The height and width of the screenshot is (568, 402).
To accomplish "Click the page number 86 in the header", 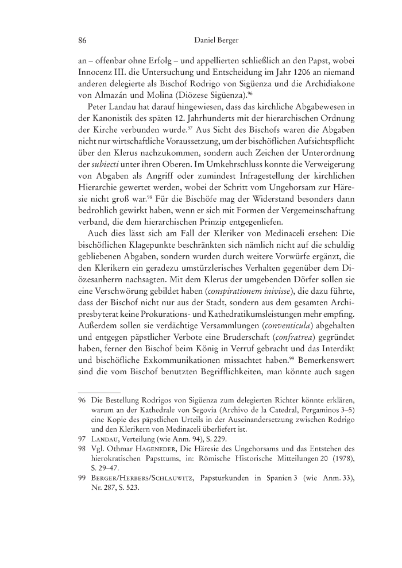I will tap(82, 41).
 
